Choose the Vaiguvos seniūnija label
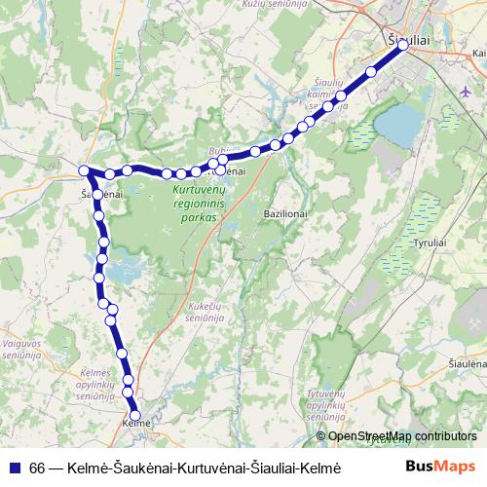pos(19,349)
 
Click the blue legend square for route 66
pos(13,468)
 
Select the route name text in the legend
pos(185,468)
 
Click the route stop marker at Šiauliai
pos(402,45)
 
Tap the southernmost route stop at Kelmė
pos(135,416)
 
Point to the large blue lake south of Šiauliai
pos(398,125)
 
